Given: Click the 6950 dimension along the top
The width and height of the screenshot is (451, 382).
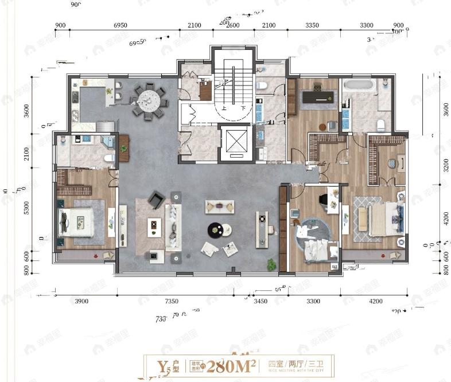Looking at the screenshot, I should pyautogui.click(x=120, y=26).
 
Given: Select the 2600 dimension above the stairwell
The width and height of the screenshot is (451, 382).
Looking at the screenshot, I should pyautogui.click(x=232, y=26).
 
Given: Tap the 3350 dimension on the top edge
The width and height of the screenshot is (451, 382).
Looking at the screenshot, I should pyautogui.click(x=312, y=26).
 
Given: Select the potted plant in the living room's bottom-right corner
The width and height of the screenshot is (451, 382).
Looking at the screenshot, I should pyautogui.click(x=271, y=264).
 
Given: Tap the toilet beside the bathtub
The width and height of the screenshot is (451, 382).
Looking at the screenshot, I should pyautogui.click(x=380, y=124).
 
